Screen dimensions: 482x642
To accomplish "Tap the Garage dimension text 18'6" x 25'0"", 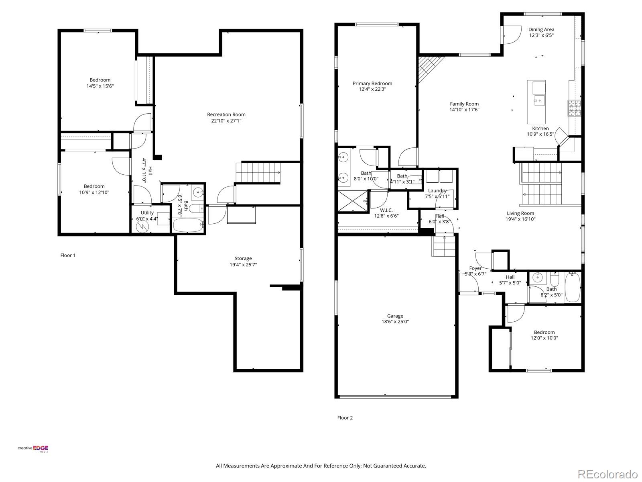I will (x=395, y=322).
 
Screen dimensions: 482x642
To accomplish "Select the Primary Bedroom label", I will (x=372, y=84).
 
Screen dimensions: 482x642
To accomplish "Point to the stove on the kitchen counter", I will (x=574, y=108).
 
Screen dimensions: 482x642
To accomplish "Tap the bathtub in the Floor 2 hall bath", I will (x=573, y=288).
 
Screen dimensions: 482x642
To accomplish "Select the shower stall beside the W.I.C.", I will (x=353, y=201).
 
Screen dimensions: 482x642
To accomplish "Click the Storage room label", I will (x=243, y=259).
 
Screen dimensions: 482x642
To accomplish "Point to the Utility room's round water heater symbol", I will (x=142, y=226).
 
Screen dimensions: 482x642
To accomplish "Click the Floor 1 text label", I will (x=68, y=255).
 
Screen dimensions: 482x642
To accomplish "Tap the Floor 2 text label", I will (x=345, y=418).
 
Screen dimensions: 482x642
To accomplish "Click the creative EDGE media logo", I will (x=33, y=449).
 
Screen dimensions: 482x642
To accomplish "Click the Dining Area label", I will (x=541, y=29).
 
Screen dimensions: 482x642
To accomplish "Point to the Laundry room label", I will (x=437, y=191).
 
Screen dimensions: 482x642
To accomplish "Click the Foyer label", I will (x=475, y=268).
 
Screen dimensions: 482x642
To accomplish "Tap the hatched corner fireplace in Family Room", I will (x=427, y=66).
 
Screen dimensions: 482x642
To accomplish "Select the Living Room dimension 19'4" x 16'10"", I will (x=520, y=219).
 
